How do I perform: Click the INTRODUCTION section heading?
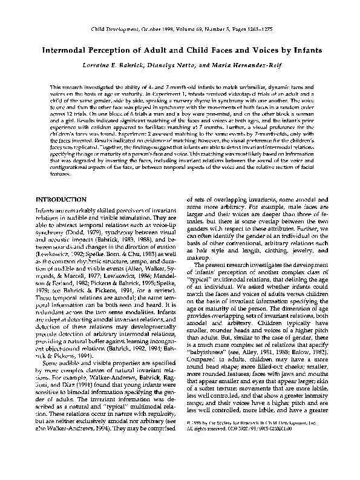point(66,199)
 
